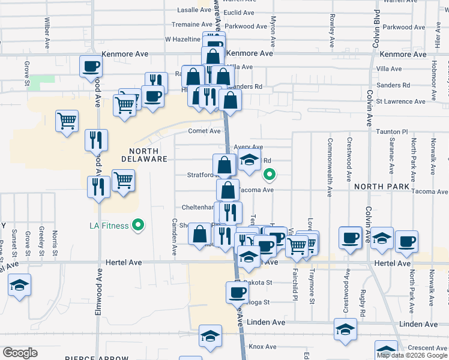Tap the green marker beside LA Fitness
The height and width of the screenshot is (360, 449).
tap(139, 226)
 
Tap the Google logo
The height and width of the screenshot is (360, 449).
tap(20, 353)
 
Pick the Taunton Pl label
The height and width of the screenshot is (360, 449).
tap(391, 131)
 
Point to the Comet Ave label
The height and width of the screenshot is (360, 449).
tap(205, 131)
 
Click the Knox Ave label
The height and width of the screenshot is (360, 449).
tap(262, 347)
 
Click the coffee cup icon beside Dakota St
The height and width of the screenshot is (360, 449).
tap(237, 292)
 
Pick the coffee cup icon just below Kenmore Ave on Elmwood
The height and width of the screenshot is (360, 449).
tap(92, 66)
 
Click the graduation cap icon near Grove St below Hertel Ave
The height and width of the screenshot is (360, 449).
tap(19, 284)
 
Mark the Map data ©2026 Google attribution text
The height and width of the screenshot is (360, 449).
tap(412, 355)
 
